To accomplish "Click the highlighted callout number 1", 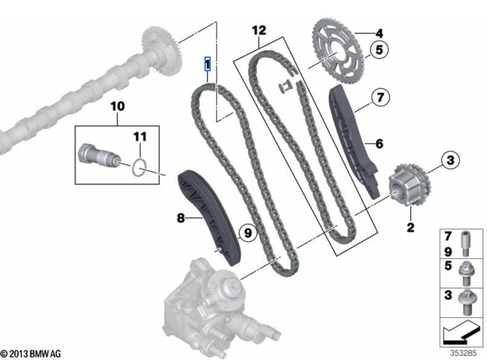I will (208, 64).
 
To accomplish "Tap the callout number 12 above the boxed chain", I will (259, 30).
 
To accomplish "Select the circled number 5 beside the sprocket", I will (379, 50).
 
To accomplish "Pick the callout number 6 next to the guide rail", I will (379, 144).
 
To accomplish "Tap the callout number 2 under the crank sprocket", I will (410, 227).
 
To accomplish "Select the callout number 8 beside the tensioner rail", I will (181, 217).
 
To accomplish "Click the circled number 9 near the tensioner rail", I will (247, 233).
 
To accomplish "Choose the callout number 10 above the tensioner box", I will (118, 106).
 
